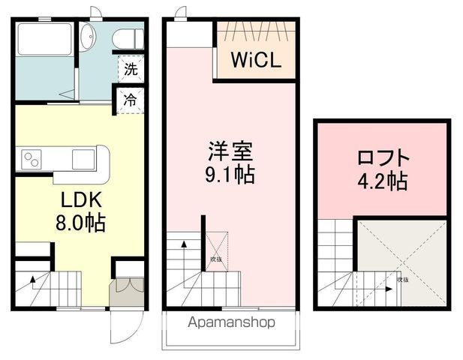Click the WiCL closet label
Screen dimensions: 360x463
click(256, 60)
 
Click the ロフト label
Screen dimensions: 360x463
click(383, 158)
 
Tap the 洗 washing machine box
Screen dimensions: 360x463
click(131, 71)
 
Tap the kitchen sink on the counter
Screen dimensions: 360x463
click(83, 160)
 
